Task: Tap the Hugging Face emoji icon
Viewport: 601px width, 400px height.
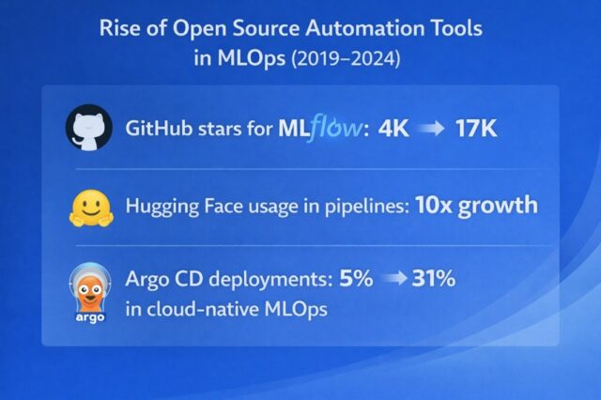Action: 88,207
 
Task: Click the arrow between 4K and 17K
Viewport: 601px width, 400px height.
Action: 433,129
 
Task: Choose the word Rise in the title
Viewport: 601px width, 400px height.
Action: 121,28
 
